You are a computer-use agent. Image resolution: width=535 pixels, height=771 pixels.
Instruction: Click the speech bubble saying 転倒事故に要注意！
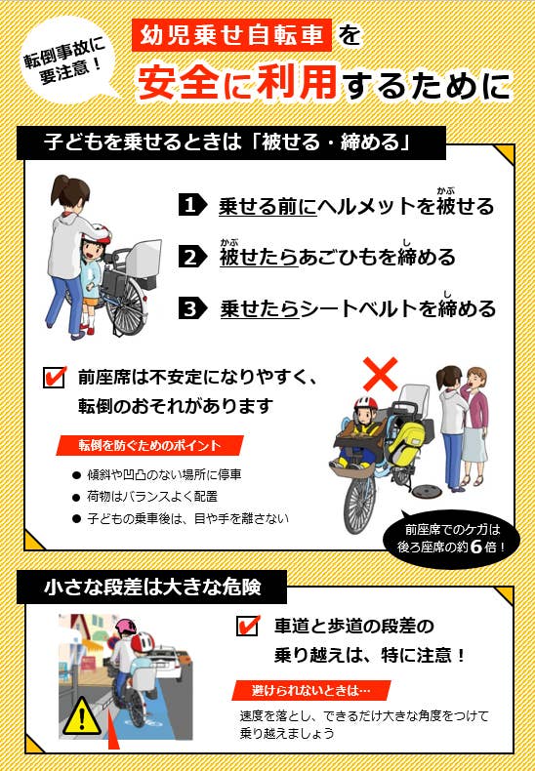point(67,63)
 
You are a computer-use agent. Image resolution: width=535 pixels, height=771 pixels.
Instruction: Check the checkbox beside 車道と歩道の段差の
point(248,626)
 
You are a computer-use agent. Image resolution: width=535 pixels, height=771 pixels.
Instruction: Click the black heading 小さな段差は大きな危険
point(151,588)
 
